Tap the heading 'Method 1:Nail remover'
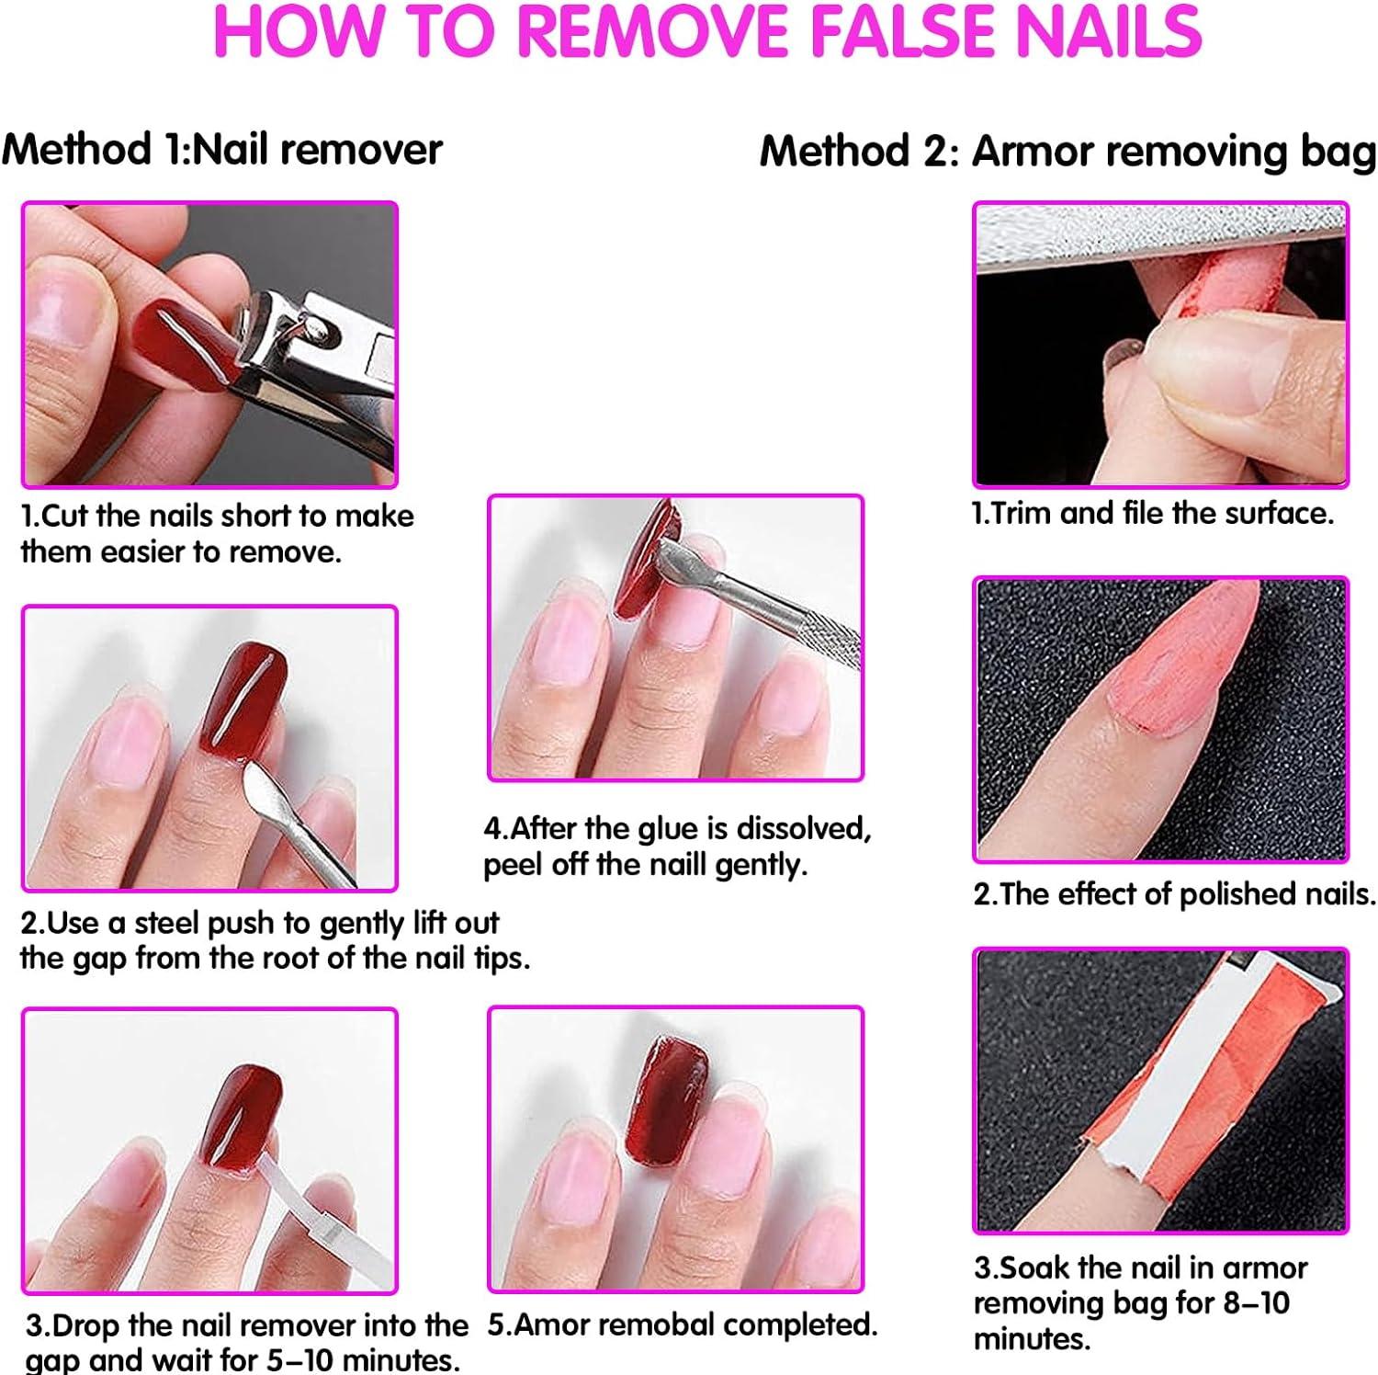point(221,149)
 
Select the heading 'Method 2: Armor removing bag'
point(1067,151)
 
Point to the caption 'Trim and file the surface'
point(1154,513)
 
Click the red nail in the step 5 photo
point(666,1103)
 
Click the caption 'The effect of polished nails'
point(1174,894)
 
